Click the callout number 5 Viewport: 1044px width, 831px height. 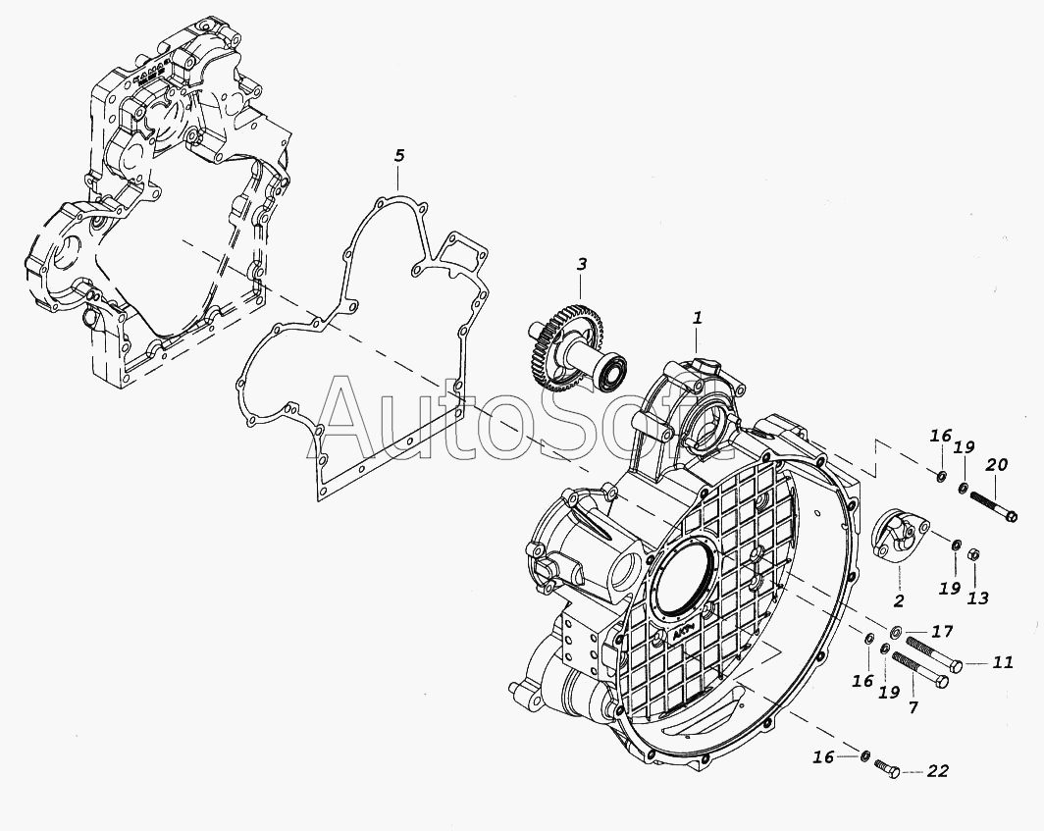399,156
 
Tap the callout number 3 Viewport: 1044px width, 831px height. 582,264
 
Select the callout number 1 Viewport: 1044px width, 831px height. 698,318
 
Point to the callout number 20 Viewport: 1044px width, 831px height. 996,465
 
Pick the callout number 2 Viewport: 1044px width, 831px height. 898,599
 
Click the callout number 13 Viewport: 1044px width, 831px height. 977,597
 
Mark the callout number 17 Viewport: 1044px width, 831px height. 942,631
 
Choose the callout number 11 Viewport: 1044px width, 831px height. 1002,663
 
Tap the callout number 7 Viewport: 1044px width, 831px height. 913,707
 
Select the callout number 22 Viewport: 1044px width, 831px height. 937,772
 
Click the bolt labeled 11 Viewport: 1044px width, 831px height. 933,654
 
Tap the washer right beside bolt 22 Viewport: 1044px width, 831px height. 864,756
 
